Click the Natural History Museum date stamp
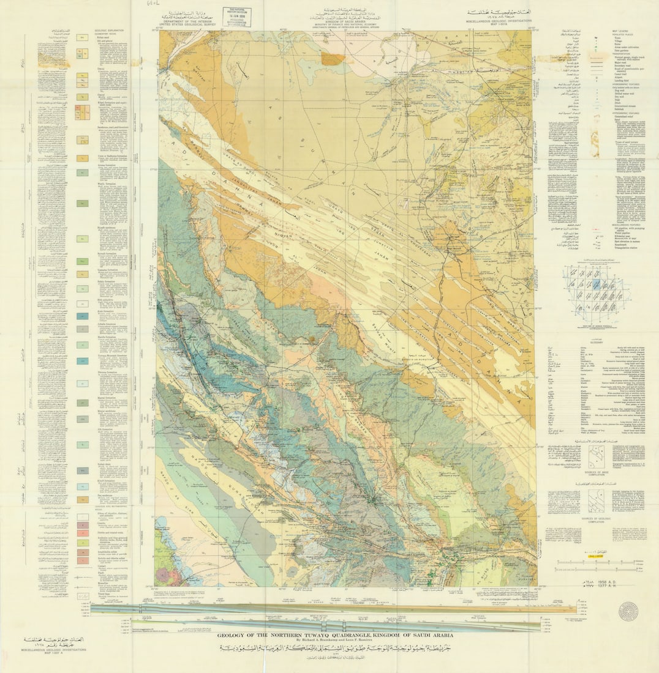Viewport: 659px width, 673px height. click(x=236, y=17)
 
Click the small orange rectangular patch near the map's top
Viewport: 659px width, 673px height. click(x=333, y=59)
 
